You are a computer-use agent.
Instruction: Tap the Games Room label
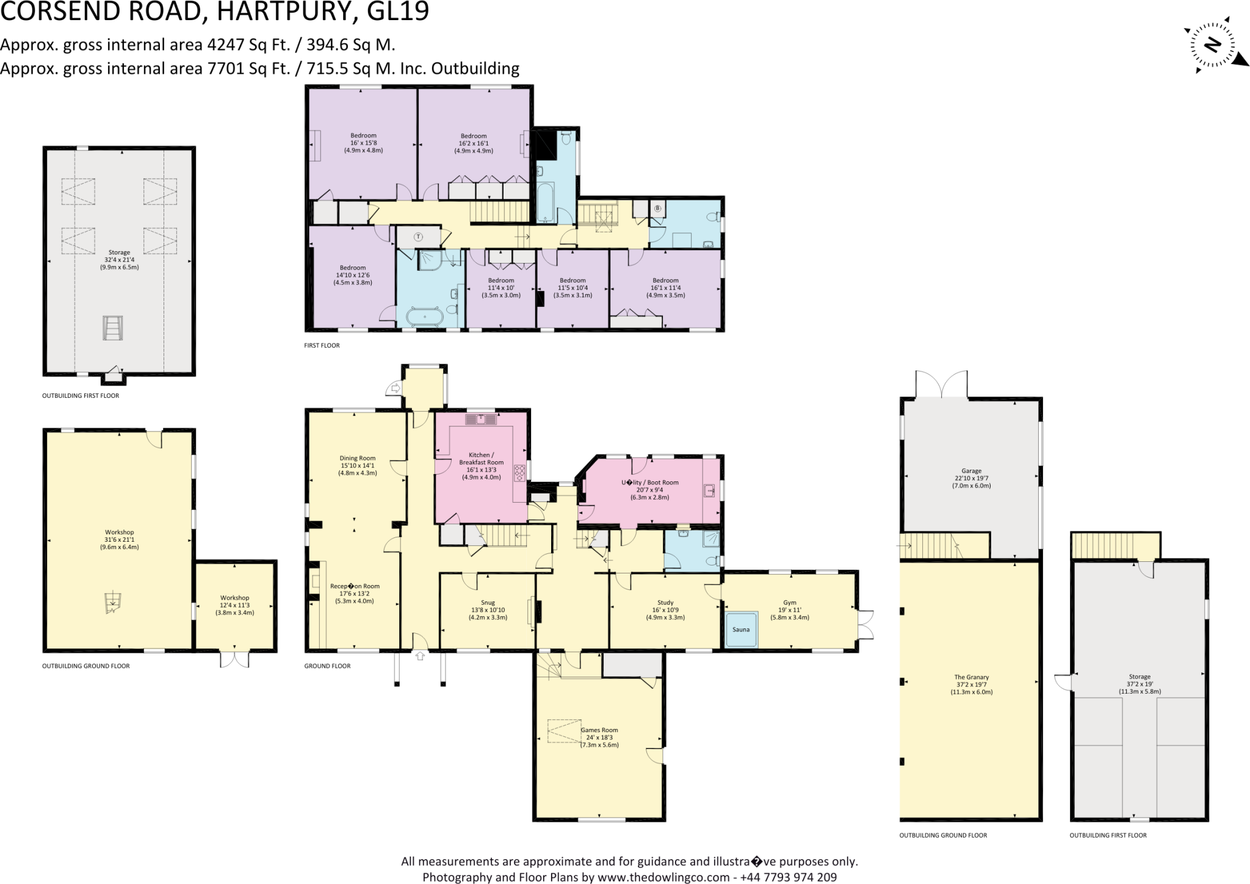[x=599, y=730]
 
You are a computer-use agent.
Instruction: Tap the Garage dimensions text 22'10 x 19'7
[x=971, y=478]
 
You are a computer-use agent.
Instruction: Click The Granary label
[x=971, y=677]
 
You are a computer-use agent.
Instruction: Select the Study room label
[x=665, y=602]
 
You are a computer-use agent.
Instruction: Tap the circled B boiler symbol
[x=657, y=208]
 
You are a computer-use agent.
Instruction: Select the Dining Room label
[x=358, y=458]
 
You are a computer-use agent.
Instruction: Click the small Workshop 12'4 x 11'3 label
[x=235, y=598]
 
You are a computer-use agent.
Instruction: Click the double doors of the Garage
[x=941, y=384]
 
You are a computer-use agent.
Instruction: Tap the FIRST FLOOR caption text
[x=322, y=345]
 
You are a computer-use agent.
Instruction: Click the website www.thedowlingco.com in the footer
[x=663, y=877]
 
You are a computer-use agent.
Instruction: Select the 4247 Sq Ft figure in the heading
[x=249, y=45]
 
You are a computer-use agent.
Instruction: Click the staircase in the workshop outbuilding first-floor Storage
[x=112, y=328]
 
